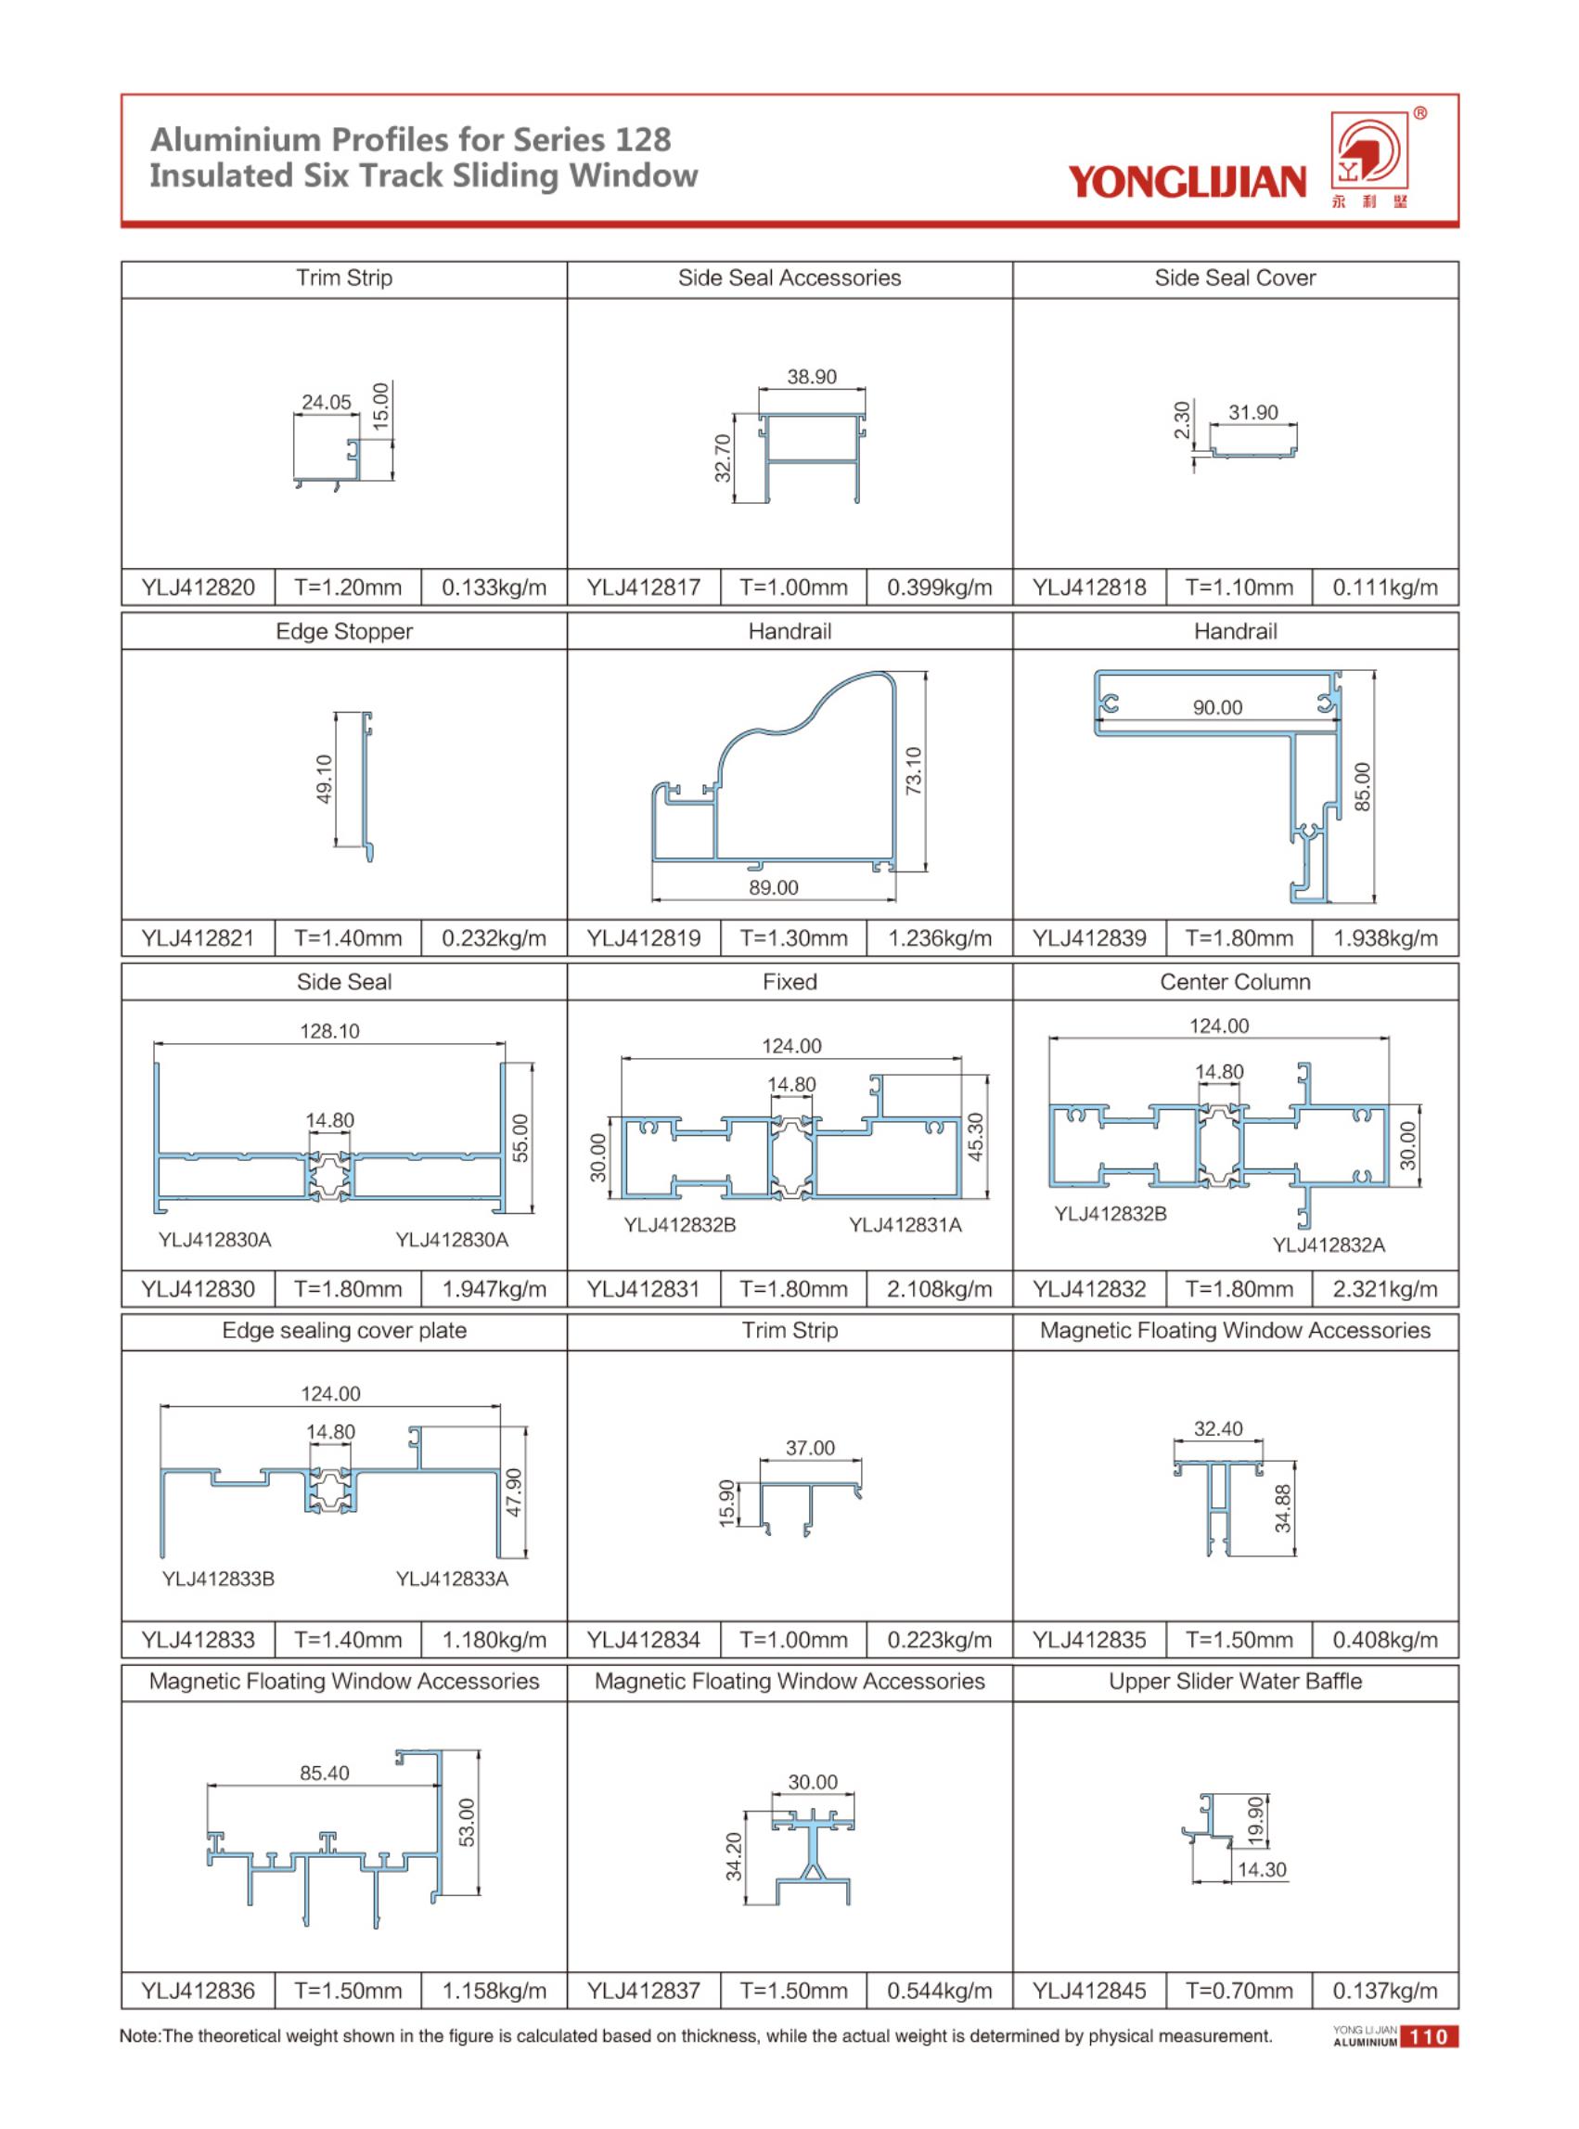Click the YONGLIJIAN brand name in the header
(1187, 182)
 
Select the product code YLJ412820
(198, 587)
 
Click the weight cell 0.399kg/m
(939, 587)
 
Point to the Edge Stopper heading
(344, 632)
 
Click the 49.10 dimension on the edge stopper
(324, 780)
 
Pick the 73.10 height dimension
(914, 770)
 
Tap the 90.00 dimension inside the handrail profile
(1217, 707)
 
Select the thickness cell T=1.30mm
(792, 939)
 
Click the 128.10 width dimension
(329, 1030)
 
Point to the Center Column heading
(1235, 982)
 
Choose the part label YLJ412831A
(905, 1225)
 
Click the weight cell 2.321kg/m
(1385, 1289)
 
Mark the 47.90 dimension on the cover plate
(514, 1491)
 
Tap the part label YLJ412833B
(218, 1579)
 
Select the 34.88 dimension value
(1283, 1507)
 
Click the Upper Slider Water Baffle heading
(1235, 1681)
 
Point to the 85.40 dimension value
(324, 1773)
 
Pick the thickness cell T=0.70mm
(1239, 1991)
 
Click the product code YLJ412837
(643, 1991)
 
